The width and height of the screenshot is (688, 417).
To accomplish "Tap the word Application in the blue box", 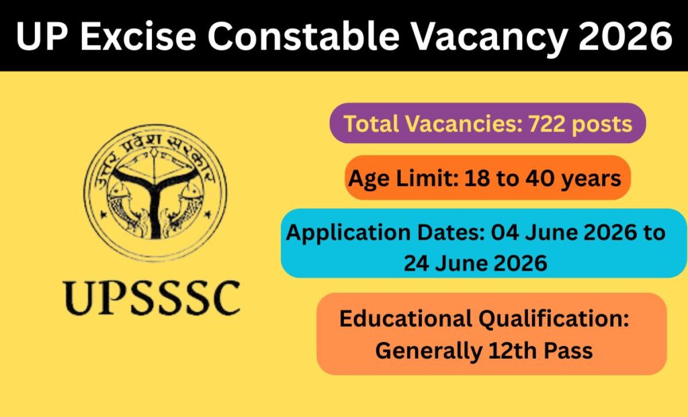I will point(345,233).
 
